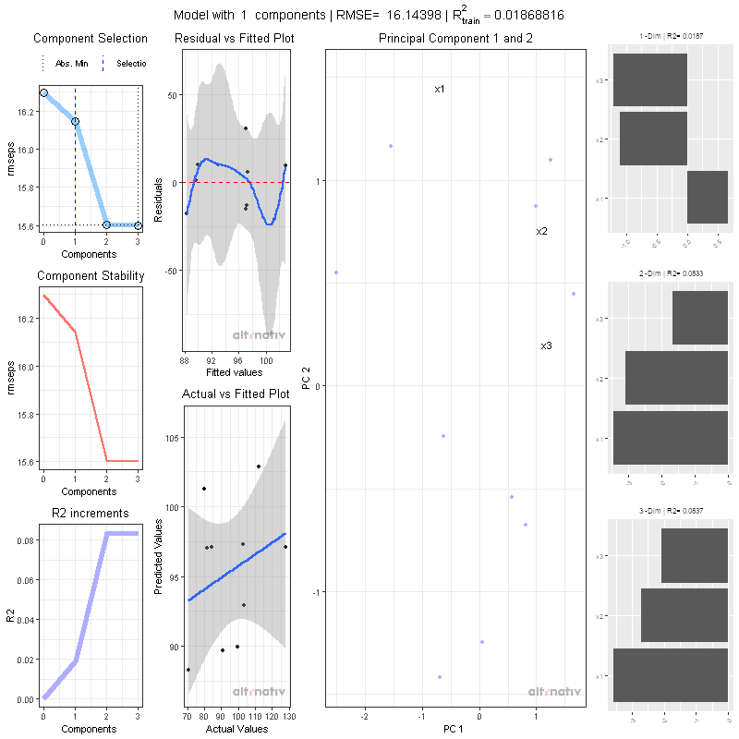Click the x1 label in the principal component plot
440,90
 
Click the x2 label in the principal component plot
542,231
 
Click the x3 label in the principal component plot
546,345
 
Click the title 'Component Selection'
90,39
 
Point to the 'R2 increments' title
90,514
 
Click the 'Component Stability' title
90,276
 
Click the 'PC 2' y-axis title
306,379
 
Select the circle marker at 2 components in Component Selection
106,224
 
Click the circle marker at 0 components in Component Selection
43,93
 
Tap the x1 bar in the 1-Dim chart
708,197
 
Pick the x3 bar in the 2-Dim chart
700,319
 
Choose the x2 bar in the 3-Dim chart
684,615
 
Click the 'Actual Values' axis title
236,730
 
